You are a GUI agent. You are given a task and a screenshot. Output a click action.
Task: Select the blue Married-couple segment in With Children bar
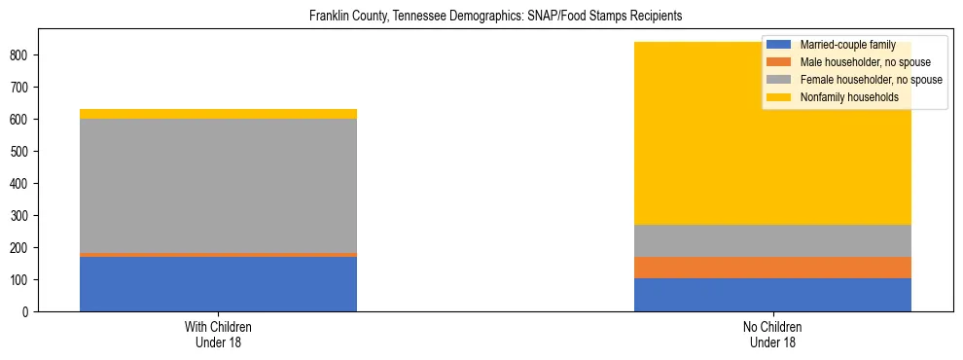click(218, 284)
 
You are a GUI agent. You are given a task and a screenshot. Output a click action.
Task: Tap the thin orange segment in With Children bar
click(218, 255)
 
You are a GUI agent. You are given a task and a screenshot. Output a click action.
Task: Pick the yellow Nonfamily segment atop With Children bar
click(218, 114)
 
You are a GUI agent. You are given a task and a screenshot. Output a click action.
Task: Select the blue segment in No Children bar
click(772, 295)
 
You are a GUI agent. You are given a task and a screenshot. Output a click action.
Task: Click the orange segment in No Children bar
click(772, 268)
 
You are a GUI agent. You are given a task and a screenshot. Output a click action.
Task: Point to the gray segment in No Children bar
click(772, 241)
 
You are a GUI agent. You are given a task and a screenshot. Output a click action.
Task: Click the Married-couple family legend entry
click(841, 45)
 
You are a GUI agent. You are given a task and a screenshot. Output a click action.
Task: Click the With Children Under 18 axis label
click(218, 334)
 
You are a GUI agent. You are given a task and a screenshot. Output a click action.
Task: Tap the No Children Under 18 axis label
click(772, 334)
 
